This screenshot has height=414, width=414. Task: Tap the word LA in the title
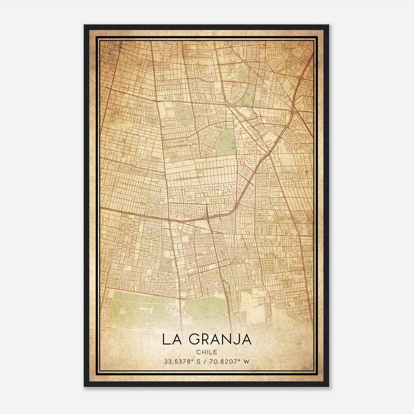tap(171, 339)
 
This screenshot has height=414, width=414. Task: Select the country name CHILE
tap(206, 352)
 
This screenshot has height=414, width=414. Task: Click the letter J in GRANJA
tap(237, 339)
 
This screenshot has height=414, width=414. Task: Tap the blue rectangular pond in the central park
tap(234, 147)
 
